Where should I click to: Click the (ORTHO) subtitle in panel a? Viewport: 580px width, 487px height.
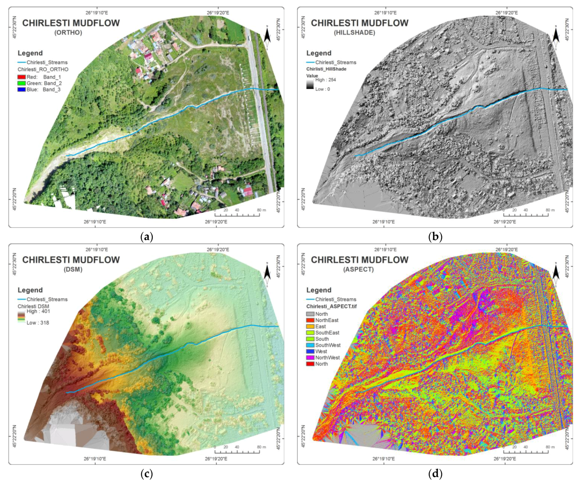(x=68, y=32)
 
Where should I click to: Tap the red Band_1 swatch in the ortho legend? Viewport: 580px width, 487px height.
(x=21, y=77)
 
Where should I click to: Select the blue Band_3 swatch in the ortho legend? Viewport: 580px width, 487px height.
(x=21, y=89)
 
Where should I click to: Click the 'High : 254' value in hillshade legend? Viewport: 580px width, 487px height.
(x=325, y=80)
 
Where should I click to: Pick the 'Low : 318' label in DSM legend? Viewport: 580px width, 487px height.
(x=38, y=323)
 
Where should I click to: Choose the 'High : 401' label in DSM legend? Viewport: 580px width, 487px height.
(x=38, y=311)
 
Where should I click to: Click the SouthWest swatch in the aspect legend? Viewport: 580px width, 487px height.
(x=310, y=345)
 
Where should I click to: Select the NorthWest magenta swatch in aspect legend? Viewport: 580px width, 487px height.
(x=310, y=358)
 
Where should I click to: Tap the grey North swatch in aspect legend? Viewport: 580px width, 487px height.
(x=310, y=314)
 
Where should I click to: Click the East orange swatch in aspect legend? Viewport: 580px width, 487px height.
(x=310, y=327)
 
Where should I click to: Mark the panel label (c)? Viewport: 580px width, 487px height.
(x=146, y=474)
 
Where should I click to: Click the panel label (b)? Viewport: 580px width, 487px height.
(x=435, y=237)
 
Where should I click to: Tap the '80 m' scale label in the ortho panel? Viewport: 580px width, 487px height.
(x=261, y=210)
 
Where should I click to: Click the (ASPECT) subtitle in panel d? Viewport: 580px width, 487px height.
(x=358, y=269)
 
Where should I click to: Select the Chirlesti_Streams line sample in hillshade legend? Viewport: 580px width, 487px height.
(x=310, y=62)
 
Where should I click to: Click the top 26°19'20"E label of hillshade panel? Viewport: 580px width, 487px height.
(x=506, y=13)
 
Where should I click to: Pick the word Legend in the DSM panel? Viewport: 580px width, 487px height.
(x=30, y=290)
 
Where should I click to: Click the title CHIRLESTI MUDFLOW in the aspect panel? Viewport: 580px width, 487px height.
(x=360, y=260)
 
